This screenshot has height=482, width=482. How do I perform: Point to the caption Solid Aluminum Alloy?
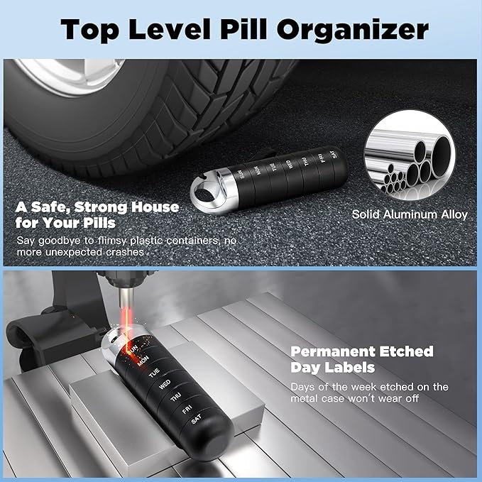[410, 214]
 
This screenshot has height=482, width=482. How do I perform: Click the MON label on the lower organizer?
[143, 360]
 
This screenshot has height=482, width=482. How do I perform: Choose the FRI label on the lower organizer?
[186, 410]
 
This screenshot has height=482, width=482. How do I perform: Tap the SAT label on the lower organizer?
[196, 421]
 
